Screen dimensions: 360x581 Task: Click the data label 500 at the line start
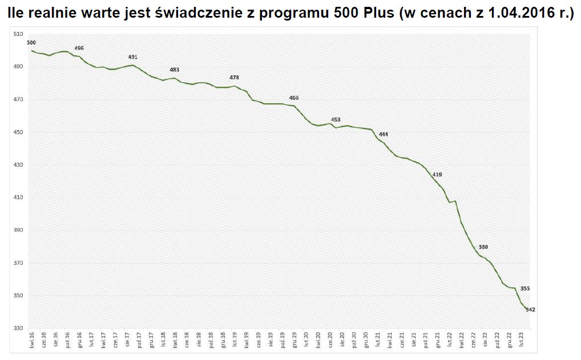31,43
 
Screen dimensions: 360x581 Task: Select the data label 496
79,48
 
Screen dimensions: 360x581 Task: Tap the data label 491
133,57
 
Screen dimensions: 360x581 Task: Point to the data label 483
175,70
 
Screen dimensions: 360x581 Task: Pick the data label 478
234,78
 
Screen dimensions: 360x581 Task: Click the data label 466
294,98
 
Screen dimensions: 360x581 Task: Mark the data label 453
336,120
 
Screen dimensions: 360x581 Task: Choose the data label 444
384,135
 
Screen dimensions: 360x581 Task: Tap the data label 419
437,175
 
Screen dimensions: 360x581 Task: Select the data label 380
483,247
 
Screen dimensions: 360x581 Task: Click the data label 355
526,289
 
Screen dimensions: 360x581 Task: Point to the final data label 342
530,310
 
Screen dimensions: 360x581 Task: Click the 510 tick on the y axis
18,35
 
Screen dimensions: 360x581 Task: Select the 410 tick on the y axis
18,198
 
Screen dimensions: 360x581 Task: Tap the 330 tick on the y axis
18,329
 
